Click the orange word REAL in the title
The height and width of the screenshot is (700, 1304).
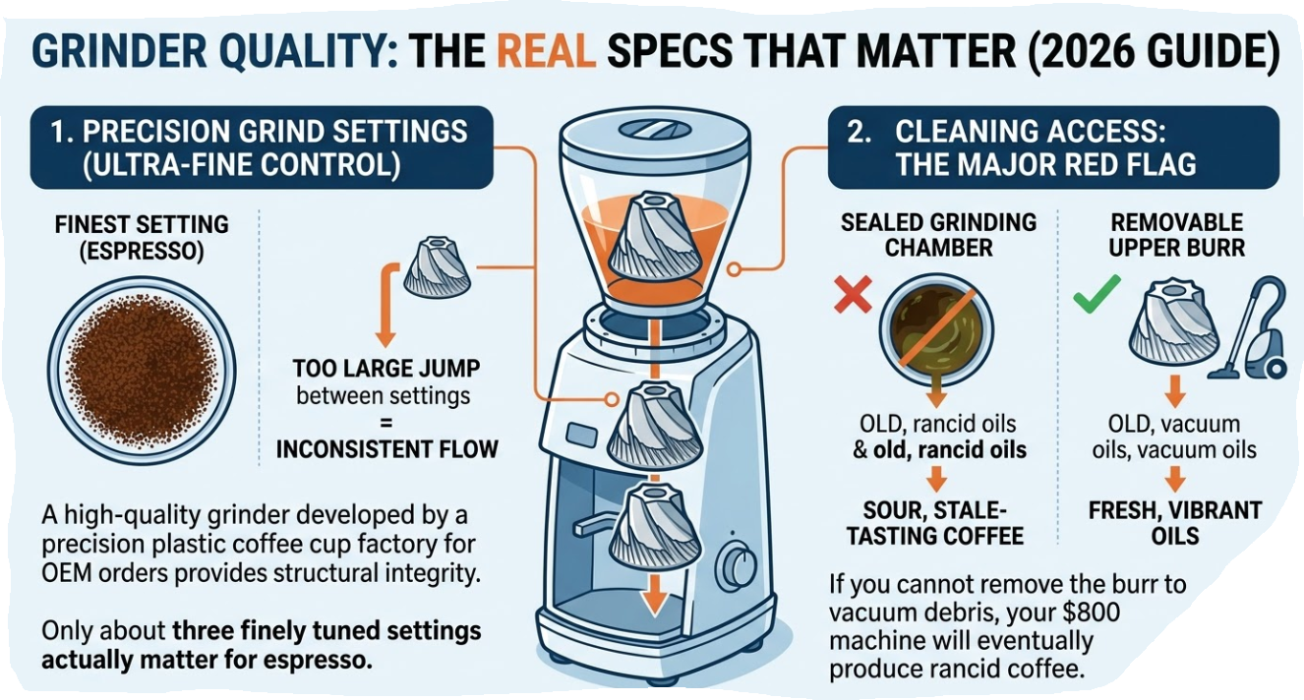coord(546,51)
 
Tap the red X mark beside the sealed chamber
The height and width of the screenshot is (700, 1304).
coord(853,294)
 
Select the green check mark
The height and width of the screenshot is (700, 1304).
coord(1097,294)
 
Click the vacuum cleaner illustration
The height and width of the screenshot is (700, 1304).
coord(1252,328)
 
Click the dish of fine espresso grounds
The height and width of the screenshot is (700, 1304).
coord(142,370)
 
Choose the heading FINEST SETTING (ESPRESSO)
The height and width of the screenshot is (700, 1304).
coord(142,237)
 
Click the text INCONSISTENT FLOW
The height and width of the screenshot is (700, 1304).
coord(386,449)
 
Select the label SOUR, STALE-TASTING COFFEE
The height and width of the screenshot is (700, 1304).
coord(935,523)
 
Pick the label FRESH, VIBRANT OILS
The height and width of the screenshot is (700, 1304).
coord(1175,523)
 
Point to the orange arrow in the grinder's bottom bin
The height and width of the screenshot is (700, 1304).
coord(655,594)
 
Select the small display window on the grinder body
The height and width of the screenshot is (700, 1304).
coord(581,435)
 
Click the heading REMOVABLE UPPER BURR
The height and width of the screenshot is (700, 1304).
coord(1176,235)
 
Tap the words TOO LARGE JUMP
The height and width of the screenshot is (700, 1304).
coord(386,369)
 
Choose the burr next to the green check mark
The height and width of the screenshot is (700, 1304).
coord(1173,327)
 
